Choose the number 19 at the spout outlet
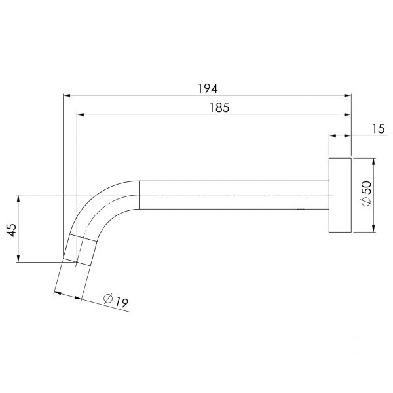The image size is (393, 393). pyautogui.click(x=122, y=303)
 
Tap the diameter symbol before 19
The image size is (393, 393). pyautogui.click(x=109, y=298)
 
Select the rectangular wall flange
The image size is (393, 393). pyautogui.click(x=340, y=195)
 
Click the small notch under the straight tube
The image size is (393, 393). pyautogui.click(x=300, y=210)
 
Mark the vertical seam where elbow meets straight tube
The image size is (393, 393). pyautogui.click(x=140, y=195)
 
